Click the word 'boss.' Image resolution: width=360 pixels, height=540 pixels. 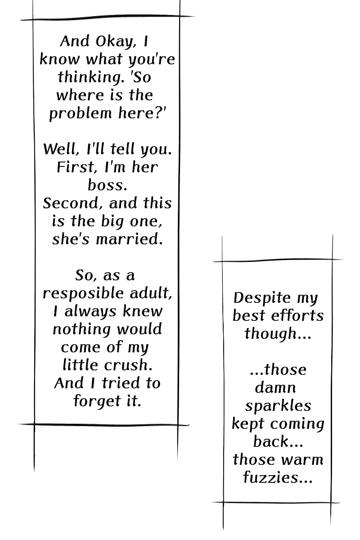[x=107, y=185]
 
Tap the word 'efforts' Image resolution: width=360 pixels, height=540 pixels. [x=299, y=315]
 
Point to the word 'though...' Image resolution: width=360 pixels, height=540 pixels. [x=278, y=334]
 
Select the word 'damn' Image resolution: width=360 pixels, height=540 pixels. [x=275, y=387]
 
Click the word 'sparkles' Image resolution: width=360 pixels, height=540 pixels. [x=278, y=406]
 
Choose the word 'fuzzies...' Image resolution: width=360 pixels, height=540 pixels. [x=278, y=477]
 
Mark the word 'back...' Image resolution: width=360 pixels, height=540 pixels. [x=278, y=441]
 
